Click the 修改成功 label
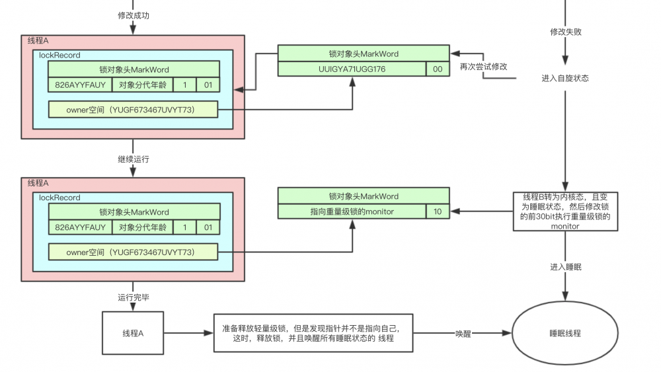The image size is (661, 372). pyautogui.click(x=134, y=15)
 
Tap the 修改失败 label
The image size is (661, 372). pyautogui.click(x=566, y=32)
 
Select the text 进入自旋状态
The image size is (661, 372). pyautogui.click(x=565, y=78)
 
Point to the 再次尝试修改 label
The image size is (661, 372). pyautogui.click(x=484, y=67)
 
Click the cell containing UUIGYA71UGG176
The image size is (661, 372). pyautogui.click(x=352, y=69)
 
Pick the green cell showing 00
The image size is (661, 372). pyautogui.click(x=438, y=69)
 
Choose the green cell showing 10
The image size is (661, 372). pyautogui.click(x=438, y=211)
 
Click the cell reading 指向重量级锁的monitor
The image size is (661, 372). pyautogui.click(x=352, y=211)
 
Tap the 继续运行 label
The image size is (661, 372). pyautogui.click(x=133, y=159)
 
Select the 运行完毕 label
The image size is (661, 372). pyautogui.click(x=134, y=297)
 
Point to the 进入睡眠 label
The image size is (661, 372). pyautogui.click(x=566, y=268)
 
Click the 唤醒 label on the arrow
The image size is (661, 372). pyautogui.click(x=463, y=334)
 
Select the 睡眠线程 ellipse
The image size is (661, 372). pyautogui.click(x=565, y=334)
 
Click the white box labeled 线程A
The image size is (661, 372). pyautogui.click(x=133, y=333)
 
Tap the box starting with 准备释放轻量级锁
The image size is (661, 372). pyautogui.click(x=313, y=333)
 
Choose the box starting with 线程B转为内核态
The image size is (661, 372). pyautogui.click(x=565, y=211)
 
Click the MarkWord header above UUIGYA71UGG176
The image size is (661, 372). pyautogui.click(x=363, y=54)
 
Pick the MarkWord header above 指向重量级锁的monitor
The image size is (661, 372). pyautogui.click(x=363, y=196)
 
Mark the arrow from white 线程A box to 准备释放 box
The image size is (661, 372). pyautogui.click(x=188, y=333)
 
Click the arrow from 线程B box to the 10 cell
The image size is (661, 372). pyautogui.click(x=481, y=211)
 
